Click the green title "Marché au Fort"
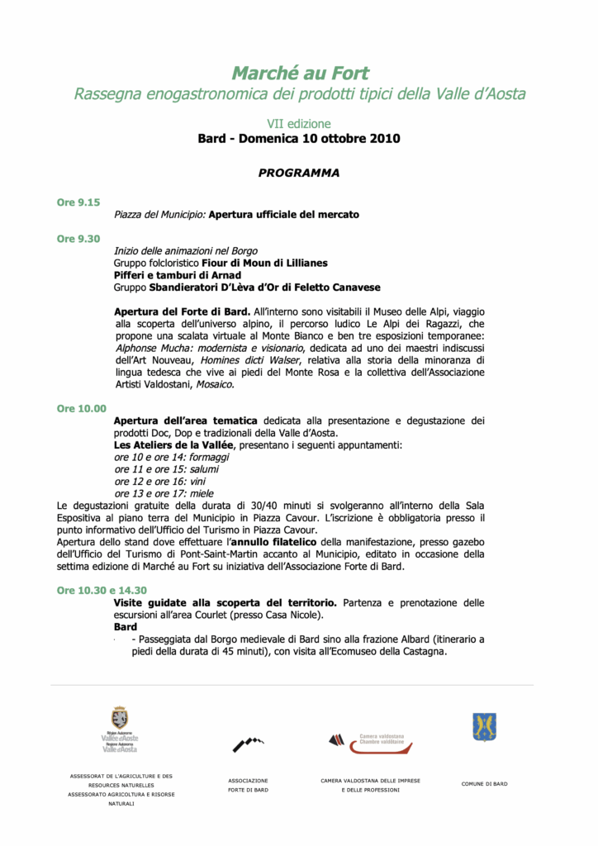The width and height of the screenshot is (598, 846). coord(300,74)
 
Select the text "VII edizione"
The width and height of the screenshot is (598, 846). coord(299,124)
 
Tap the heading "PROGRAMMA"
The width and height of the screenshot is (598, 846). coord(299,173)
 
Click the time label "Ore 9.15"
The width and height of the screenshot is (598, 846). coord(78,202)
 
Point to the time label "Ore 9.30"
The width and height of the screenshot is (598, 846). coord(78,239)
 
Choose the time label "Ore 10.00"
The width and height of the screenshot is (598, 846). coord(81,408)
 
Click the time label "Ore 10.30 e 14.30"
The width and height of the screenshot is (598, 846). coord(102,590)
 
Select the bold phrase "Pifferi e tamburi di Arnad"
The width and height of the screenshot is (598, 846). coord(178,275)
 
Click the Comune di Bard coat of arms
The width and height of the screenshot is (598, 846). coord(484,727)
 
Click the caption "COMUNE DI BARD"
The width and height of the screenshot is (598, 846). coord(484,783)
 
